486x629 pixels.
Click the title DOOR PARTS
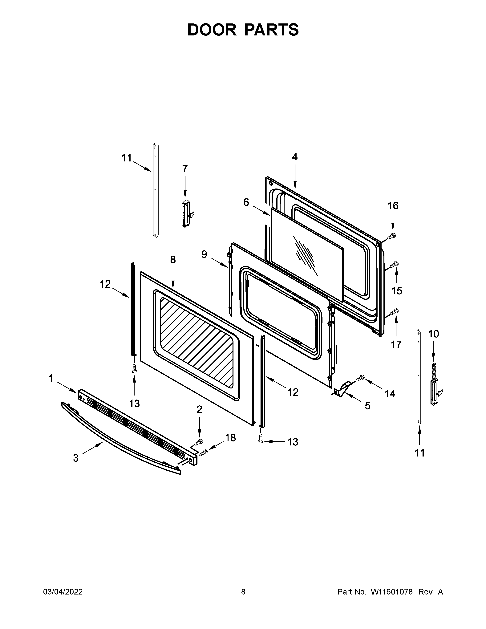click(243, 30)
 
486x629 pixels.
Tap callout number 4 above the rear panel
click(294, 157)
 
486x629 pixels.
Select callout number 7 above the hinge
click(185, 168)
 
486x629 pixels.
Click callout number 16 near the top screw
click(393, 206)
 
